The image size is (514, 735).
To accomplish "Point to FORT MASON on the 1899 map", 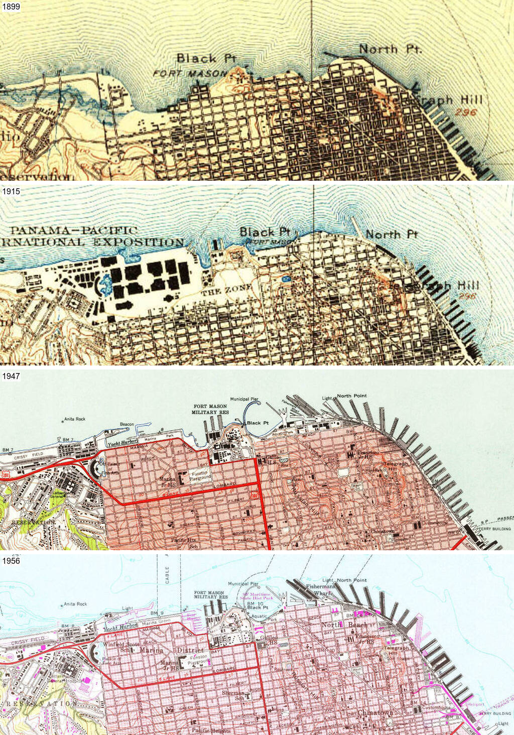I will (x=190, y=74).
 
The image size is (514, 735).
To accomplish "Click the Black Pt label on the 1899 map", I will (x=206, y=59).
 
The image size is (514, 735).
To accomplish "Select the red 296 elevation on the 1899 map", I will (x=465, y=112).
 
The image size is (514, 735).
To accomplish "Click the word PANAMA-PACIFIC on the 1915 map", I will (x=74, y=230).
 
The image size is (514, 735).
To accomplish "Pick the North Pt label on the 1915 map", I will (x=392, y=234).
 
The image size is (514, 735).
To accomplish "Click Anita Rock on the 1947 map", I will (x=74, y=419).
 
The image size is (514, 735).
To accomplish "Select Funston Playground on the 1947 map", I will (x=200, y=476).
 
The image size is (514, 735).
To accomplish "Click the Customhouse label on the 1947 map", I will (x=434, y=523).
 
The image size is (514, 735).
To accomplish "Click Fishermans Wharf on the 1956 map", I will (x=320, y=589).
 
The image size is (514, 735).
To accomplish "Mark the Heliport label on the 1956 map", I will (x=475, y=704).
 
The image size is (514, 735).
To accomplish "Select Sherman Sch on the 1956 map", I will (x=233, y=695).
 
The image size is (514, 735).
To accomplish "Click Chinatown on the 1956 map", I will (x=375, y=713).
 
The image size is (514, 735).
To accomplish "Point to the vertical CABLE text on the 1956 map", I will (x=167, y=575).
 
